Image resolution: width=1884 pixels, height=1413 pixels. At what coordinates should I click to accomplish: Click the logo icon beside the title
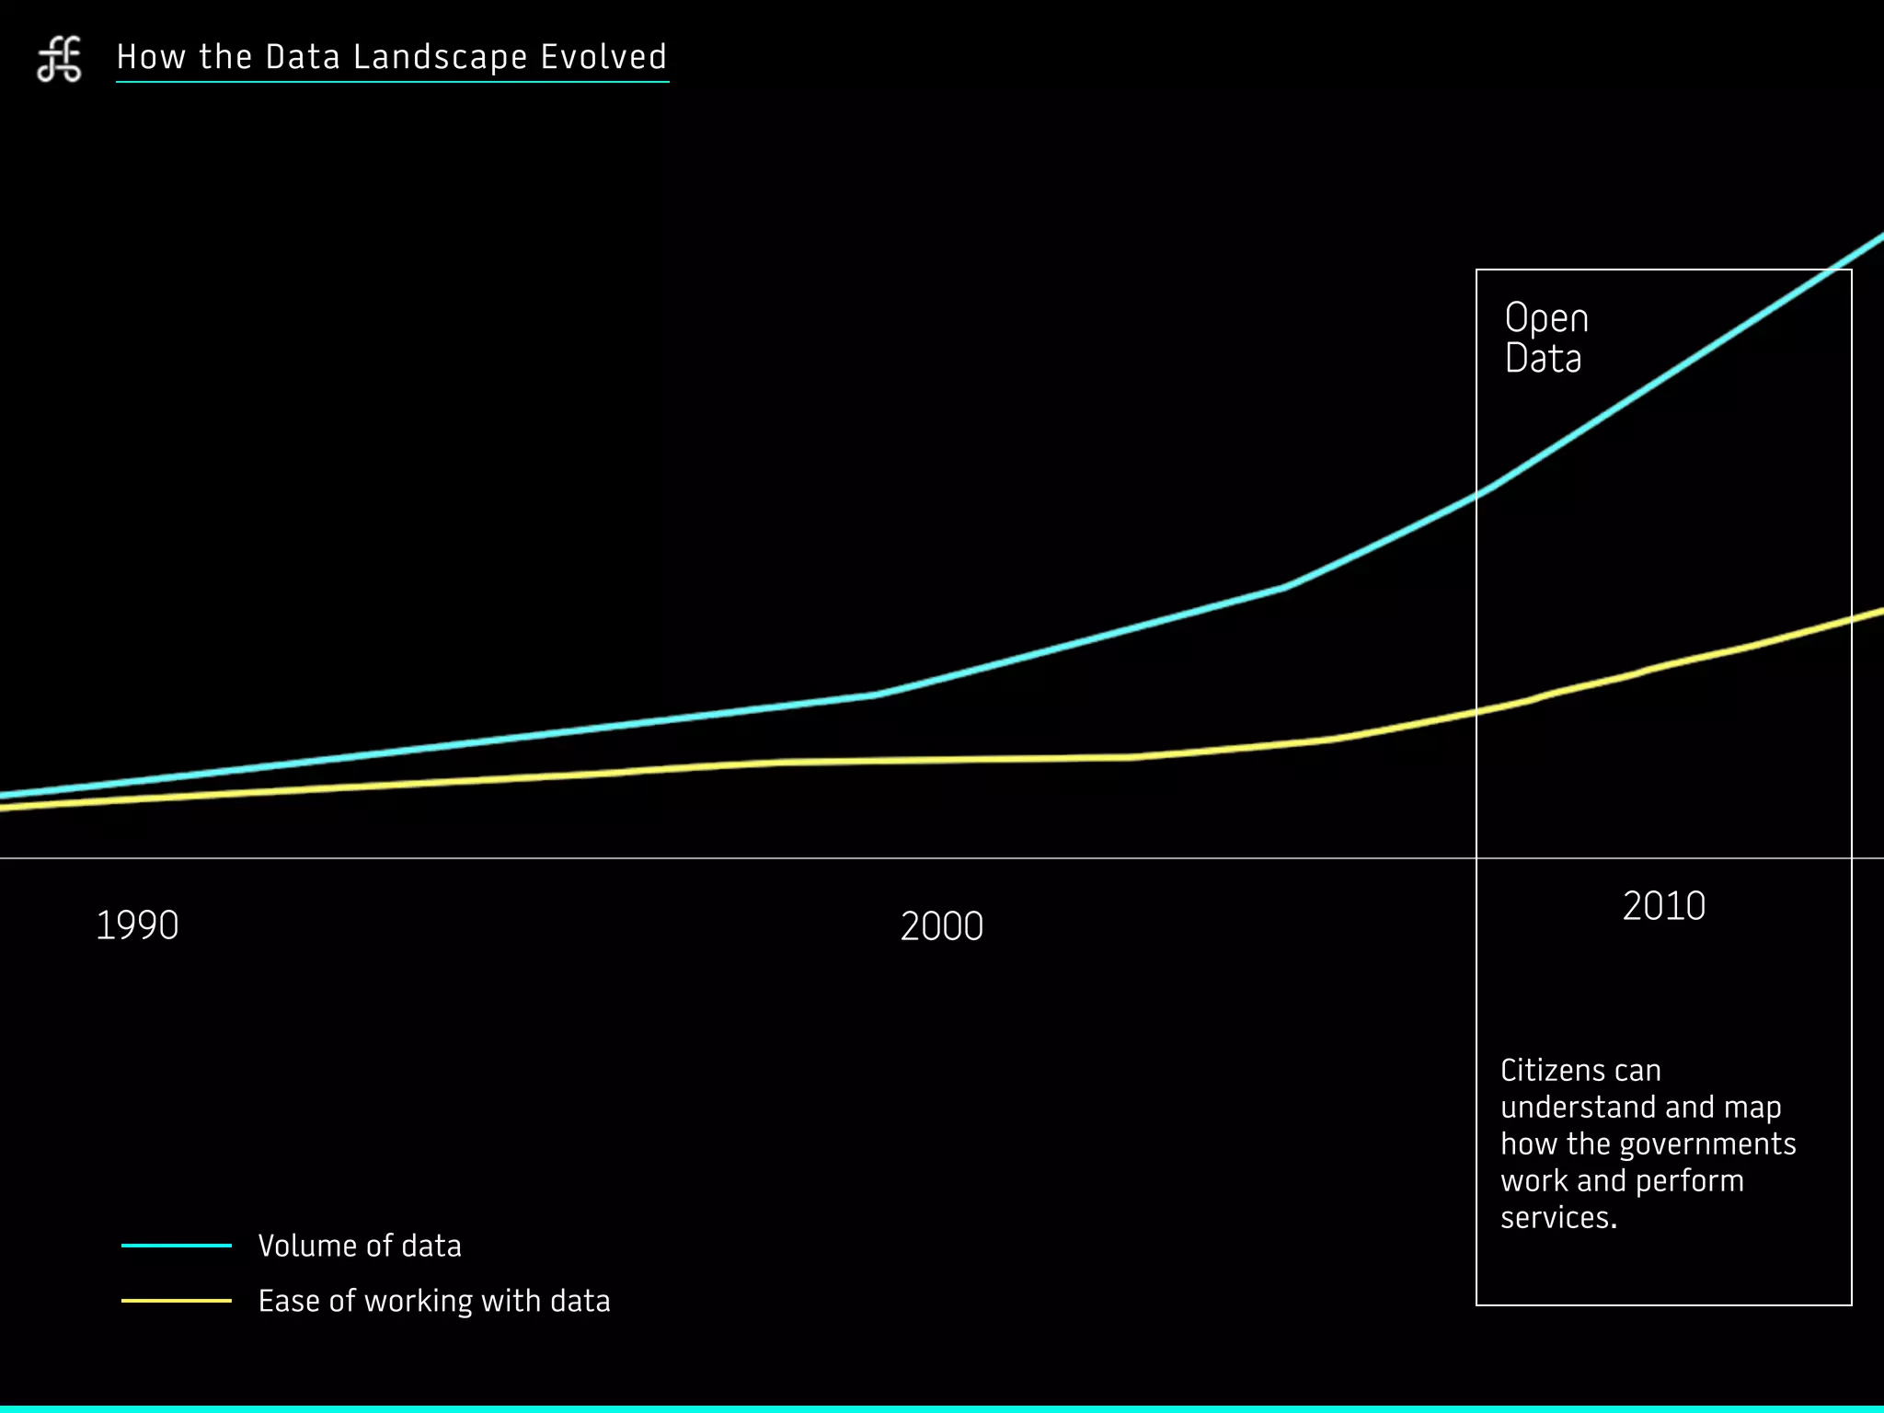pyautogui.click(x=59, y=60)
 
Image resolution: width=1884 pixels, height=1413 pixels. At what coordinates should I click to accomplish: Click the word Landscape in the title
pyautogui.click(x=440, y=58)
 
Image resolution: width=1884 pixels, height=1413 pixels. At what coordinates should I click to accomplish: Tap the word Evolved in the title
pyautogui.click(x=603, y=57)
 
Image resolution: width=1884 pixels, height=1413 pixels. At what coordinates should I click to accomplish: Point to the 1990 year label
pyautogui.click(x=137, y=925)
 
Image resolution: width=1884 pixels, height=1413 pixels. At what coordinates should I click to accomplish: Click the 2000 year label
pyautogui.click(x=942, y=926)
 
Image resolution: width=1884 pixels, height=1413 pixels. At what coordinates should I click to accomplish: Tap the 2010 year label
pyautogui.click(x=1663, y=906)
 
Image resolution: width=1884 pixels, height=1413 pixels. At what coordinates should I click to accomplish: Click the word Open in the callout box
pyautogui.click(x=1546, y=318)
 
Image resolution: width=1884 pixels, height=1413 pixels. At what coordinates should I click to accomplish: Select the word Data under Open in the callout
pyautogui.click(x=1543, y=358)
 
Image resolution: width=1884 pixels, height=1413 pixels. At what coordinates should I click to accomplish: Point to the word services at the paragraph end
pyautogui.click(x=1557, y=1217)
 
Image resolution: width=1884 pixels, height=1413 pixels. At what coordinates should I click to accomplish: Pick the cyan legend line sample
pyautogui.click(x=177, y=1246)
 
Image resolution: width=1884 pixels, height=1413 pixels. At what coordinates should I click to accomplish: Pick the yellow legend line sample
pyautogui.click(x=177, y=1301)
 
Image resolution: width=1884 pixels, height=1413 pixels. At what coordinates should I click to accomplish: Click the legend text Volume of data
pyautogui.click(x=360, y=1246)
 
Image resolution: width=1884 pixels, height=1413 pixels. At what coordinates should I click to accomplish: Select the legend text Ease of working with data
pyautogui.click(x=434, y=1301)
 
